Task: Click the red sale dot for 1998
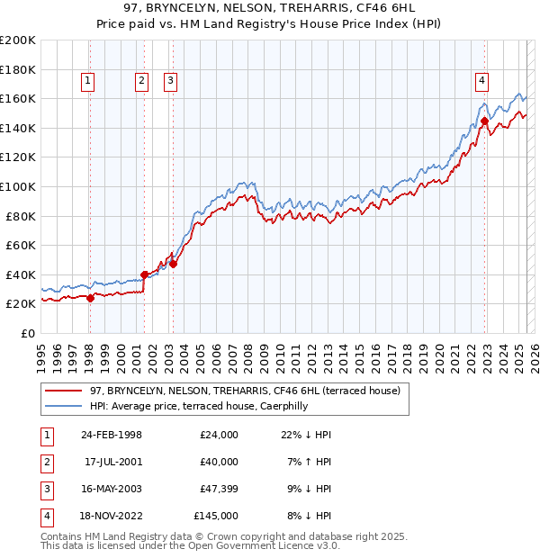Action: pos(90,299)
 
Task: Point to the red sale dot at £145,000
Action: pos(484,121)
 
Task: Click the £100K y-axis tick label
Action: pos(18,186)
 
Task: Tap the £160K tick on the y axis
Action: pos(18,98)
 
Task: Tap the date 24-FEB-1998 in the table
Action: pos(112,435)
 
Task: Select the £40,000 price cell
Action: pos(219,462)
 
